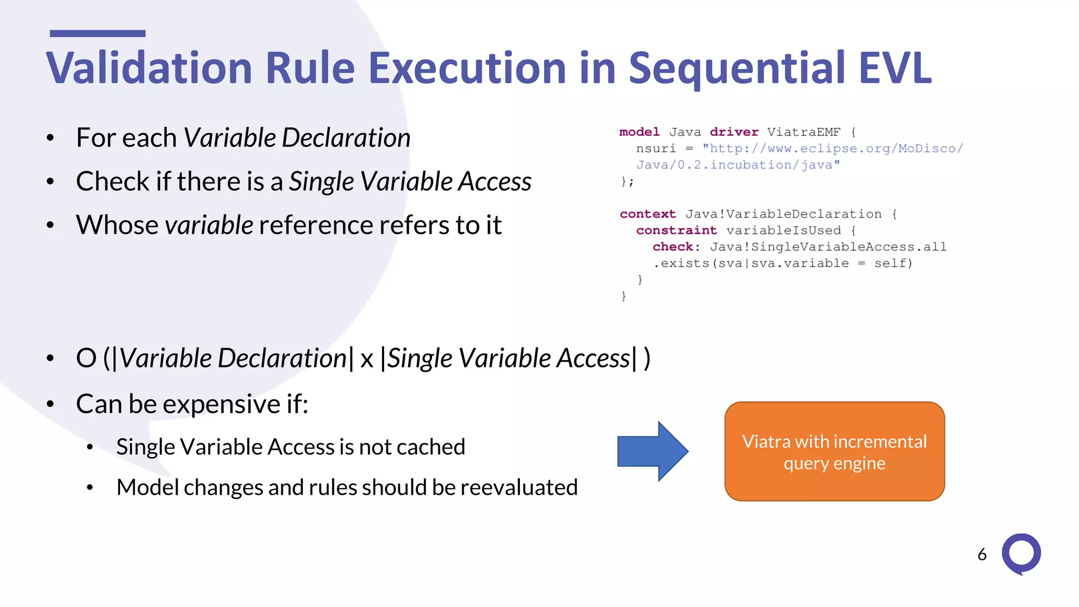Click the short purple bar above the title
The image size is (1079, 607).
click(x=97, y=33)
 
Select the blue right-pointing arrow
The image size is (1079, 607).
click(x=652, y=451)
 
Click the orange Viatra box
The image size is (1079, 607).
click(x=834, y=452)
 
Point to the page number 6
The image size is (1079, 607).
click(x=982, y=554)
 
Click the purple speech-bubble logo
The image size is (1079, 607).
click(x=1021, y=554)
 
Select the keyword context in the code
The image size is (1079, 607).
click(x=648, y=214)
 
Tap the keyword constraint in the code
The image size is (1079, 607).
click(x=676, y=230)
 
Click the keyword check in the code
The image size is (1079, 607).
click(x=673, y=247)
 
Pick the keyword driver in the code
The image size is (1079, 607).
click(x=733, y=132)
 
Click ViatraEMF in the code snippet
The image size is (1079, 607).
click(x=803, y=132)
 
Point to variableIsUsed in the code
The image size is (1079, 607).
click(x=783, y=230)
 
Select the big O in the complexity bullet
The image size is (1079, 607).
click(x=86, y=358)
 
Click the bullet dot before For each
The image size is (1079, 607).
click(x=51, y=139)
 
